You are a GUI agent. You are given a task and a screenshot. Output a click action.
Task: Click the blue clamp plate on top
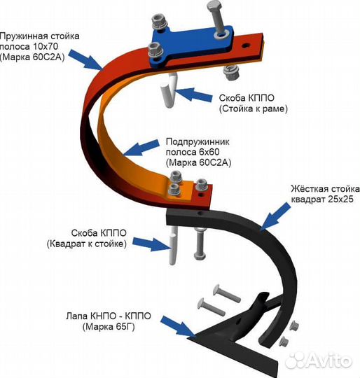tap(191, 45)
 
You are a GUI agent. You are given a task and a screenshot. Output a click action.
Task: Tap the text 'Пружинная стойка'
tap(40, 36)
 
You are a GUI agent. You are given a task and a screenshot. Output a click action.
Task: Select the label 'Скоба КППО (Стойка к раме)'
tap(253, 104)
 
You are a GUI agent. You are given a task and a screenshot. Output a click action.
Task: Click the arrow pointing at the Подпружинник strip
tap(141, 147)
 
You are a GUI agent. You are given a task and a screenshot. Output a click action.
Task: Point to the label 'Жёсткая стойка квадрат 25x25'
tap(325, 194)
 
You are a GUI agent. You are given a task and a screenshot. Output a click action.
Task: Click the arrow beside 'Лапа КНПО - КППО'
tap(178, 326)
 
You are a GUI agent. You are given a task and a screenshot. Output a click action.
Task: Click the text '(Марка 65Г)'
tap(109, 327)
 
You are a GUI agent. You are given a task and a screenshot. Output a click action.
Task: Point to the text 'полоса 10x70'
tap(29, 47)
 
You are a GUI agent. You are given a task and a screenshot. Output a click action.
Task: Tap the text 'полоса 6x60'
tap(193, 153)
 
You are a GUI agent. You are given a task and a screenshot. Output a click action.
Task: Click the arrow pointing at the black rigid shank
tap(275, 216)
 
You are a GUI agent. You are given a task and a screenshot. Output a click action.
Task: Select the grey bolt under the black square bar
tap(199, 244)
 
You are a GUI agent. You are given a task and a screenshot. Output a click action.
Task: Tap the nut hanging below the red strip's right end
tap(231, 73)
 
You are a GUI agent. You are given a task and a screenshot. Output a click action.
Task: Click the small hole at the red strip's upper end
tap(247, 45)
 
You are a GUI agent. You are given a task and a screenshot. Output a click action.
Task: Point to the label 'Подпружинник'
tap(198, 141)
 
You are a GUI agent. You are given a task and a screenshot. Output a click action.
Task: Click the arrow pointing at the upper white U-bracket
tap(193, 94)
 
